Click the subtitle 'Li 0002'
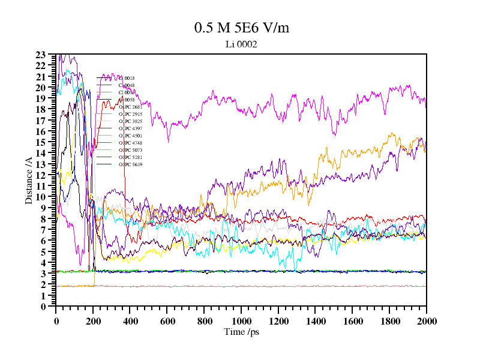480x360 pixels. click(x=241, y=44)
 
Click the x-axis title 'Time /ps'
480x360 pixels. click(x=241, y=331)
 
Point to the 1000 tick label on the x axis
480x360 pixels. click(x=241, y=320)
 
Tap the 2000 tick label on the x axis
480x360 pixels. click(x=426, y=320)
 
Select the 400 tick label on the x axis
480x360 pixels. click(x=130, y=320)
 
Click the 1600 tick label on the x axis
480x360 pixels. click(x=352, y=320)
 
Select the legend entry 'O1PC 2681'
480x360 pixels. click(x=130, y=107)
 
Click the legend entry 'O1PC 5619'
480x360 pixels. click(x=130, y=164)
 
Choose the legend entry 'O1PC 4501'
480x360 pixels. click(x=130, y=136)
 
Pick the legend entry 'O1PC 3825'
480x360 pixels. click(x=130, y=121)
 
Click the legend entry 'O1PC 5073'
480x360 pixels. click(x=130, y=150)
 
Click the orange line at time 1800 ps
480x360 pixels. click(x=389, y=137)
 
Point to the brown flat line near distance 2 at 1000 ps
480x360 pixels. click(x=241, y=286)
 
